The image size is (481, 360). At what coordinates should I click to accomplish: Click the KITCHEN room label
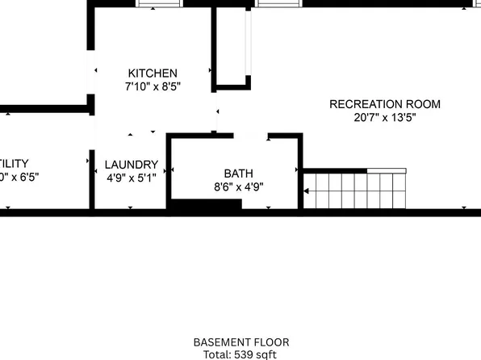tap(153, 73)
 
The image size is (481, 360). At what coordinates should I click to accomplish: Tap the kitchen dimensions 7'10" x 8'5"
tap(153, 86)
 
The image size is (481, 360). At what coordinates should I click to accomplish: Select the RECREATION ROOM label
tap(385, 104)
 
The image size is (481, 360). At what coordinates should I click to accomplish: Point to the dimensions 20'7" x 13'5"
tap(385, 117)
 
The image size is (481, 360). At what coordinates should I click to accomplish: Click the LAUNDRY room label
tap(130, 165)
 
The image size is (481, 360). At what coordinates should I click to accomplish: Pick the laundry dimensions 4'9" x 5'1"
tap(130, 178)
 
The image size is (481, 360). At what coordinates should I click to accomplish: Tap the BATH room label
tap(238, 174)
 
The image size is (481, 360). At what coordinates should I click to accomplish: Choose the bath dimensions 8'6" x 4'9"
tap(238, 186)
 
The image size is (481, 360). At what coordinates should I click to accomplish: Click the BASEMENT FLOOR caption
tap(241, 342)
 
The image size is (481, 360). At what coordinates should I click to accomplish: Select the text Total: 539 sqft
tap(241, 354)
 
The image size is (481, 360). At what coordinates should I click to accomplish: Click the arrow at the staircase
tap(307, 191)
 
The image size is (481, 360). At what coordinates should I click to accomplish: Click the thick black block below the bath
tap(205, 207)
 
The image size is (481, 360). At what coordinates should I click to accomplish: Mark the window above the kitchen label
tap(160, 3)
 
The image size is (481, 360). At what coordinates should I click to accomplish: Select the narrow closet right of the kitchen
tap(231, 44)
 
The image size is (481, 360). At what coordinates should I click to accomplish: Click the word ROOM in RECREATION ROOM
tap(424, 104)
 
